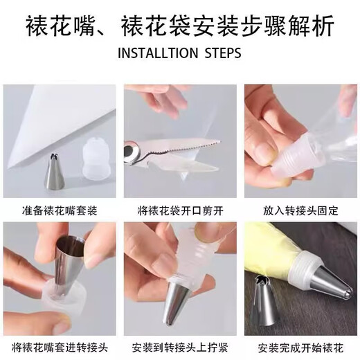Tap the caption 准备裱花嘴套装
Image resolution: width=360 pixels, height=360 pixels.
[59, 208]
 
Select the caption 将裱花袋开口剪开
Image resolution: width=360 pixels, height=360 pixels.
[180, 208]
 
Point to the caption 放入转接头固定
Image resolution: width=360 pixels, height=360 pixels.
[300, 208]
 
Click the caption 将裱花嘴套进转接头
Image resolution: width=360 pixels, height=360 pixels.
[59, 346]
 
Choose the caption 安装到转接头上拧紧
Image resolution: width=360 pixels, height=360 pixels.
[180, 346]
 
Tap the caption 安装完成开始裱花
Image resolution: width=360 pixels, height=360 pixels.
[300, 346]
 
